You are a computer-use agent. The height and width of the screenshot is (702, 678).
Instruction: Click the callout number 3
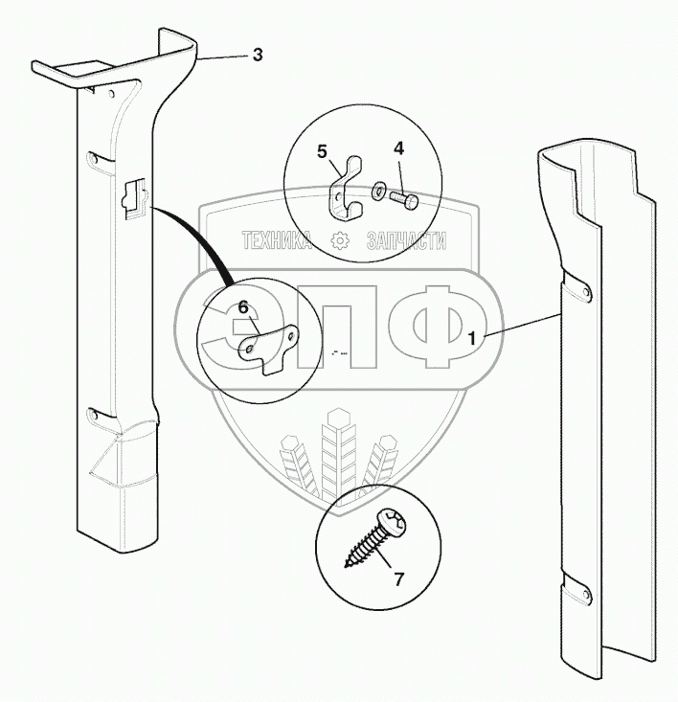tap(258, 55)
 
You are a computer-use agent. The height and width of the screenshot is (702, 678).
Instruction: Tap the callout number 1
tap(471, 338)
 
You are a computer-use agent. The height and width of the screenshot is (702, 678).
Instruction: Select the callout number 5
tap(322, 151)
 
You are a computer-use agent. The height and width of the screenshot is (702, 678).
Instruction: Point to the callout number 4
tap(398, 148)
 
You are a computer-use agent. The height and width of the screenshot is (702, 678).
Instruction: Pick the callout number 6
tap(243, 307)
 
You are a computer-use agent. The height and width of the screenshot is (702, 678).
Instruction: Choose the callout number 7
tap(398, 579)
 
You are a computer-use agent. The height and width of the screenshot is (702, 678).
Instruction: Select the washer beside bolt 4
tap(378, 190)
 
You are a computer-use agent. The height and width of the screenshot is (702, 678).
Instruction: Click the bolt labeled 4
tap(404, 199)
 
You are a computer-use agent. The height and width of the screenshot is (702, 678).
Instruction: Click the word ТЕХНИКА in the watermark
tap(276, 240)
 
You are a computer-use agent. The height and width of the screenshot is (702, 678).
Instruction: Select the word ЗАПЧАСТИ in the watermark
tap(406, 240)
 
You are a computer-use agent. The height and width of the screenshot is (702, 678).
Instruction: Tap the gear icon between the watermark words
tap(339, 240)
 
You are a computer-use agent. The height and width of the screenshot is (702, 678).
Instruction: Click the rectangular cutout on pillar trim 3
tap(134, 198)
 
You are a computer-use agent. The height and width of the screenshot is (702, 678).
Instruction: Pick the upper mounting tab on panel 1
tap(576, 287)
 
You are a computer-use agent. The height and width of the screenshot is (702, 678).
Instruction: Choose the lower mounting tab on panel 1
tap(576, 589)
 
